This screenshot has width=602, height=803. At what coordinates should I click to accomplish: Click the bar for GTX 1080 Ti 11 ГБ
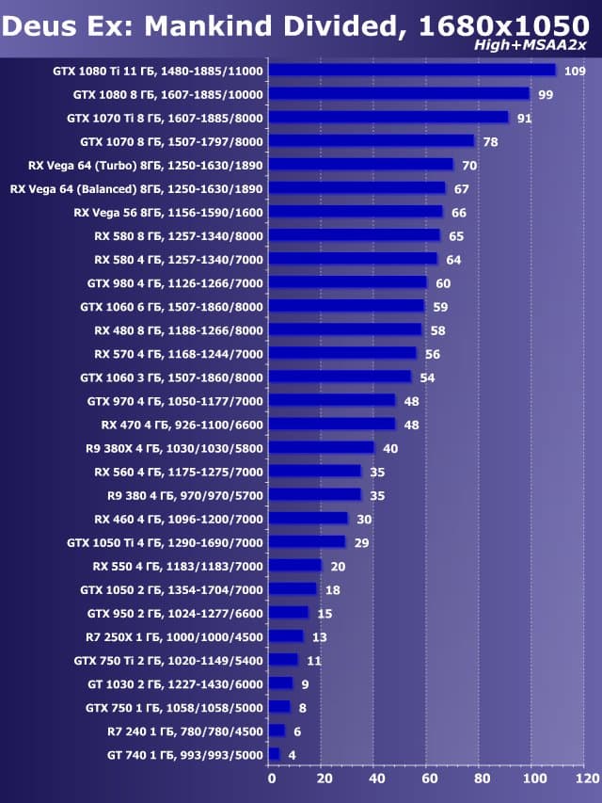pos(412,71)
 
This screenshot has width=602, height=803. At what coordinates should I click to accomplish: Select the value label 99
pos(546,95)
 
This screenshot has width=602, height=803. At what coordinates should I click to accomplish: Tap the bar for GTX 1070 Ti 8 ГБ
pos(388,118)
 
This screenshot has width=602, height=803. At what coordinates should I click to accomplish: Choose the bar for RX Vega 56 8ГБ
pos(356,212)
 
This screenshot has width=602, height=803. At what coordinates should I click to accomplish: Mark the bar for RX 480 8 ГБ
pos(345,329)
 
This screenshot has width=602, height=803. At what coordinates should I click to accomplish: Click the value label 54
pos(427,377)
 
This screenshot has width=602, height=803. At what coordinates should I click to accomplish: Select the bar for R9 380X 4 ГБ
pos(322,448)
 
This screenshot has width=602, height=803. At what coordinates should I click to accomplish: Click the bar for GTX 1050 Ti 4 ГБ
pos(307,542)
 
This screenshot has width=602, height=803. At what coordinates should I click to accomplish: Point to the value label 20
pos(338,567)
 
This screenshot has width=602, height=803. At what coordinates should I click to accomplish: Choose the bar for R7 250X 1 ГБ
pos(286,636)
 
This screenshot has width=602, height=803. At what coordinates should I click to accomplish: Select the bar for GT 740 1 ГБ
pos(274,754)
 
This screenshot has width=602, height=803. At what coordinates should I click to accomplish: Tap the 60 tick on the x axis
pos(429,779)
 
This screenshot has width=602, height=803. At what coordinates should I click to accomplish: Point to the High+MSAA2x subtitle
pos(544,45)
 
